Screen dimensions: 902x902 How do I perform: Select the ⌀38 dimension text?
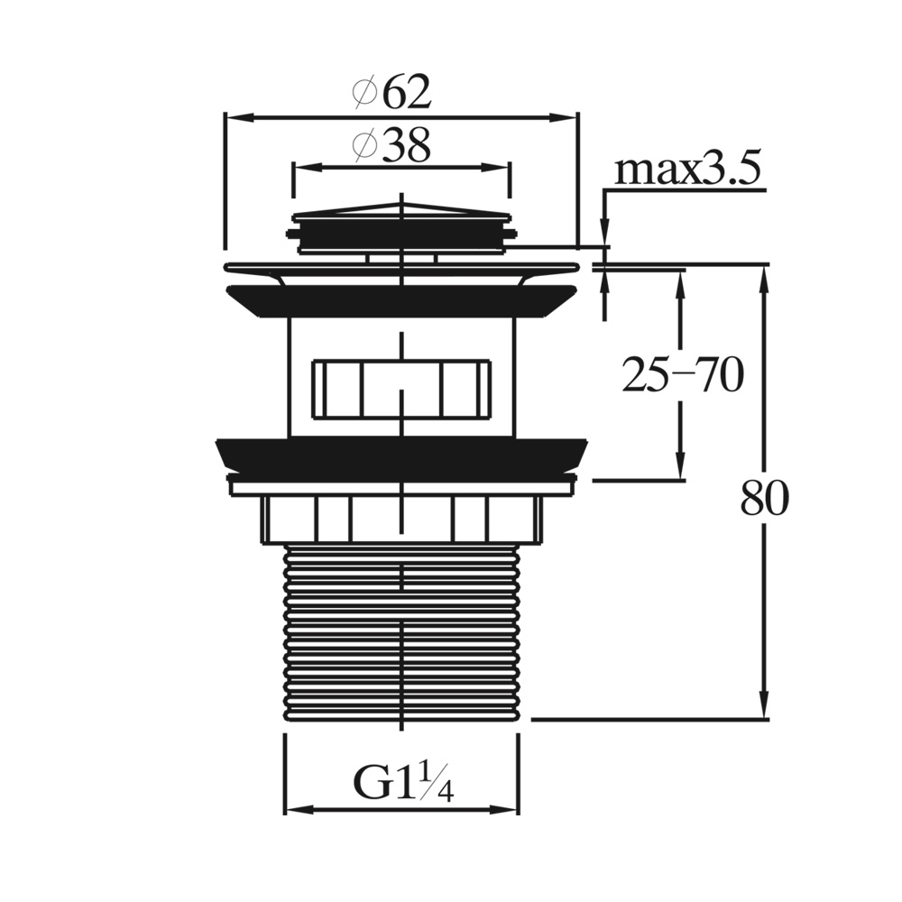click(392, 145)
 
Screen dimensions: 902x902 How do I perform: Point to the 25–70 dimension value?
click(682, 375)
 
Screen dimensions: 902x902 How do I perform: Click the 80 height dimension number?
click(764, 499)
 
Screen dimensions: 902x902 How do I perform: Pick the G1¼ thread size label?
click(402, 784)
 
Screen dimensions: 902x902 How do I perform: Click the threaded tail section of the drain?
click(401, 631)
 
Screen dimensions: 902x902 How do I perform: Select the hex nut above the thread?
click(401, 520)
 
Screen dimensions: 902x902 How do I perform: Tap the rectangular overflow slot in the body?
click(401, 389)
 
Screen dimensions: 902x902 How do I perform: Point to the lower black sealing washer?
click(401, 455)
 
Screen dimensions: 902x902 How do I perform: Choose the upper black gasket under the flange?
click(401, 300)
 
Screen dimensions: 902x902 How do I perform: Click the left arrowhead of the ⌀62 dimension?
click(232, 116)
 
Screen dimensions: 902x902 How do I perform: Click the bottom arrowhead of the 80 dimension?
click(764, 713)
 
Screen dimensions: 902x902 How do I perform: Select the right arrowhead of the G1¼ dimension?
click(511, 808)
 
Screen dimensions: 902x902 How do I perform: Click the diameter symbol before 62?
click(364, 92)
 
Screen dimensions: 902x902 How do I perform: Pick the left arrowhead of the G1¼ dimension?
click(292, 808)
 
